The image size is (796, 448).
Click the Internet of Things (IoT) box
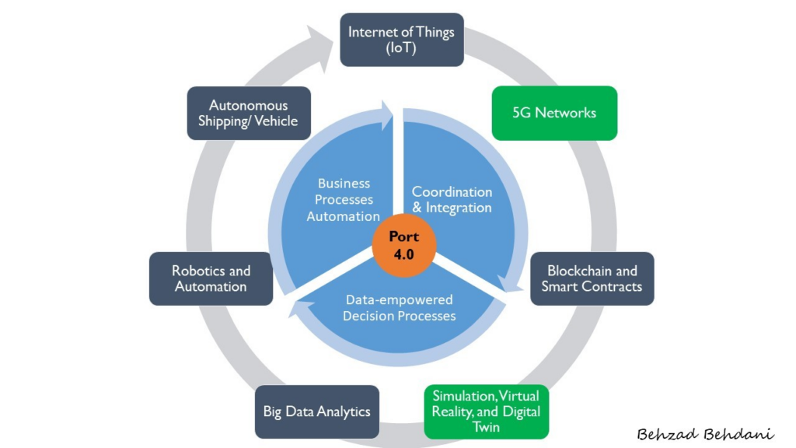click(x=401, y=40)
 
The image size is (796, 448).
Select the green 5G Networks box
click(x=554, y=113)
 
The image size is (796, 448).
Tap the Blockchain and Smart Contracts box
click(x=592, y=278)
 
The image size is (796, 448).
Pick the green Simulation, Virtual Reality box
click(x=486, y=411)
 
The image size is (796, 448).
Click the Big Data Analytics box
click(x=316, y=411)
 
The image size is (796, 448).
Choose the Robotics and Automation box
click(x=211, y=278)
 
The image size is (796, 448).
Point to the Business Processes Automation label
click(x=343, y=200)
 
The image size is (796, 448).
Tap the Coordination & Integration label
click(x=452, y=200)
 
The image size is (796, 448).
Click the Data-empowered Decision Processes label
click(x=399, y=308)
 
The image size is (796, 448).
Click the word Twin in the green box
click(x=486, y=427)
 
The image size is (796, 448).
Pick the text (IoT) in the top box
click(x=401, y=48)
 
